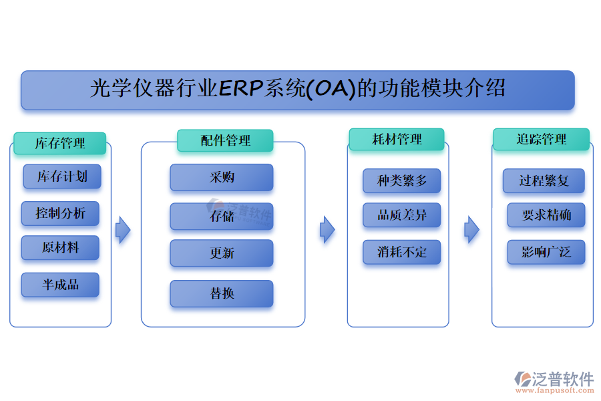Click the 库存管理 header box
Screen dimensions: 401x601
(x=59, y=143)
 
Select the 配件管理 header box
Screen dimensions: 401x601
(x=225, y=140)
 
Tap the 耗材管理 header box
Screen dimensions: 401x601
(x=397, y=139)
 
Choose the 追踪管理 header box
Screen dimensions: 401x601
(x=541, y=139)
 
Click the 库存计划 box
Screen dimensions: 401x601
(x=61, y=176)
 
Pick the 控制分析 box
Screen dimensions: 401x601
(x=60, y=213)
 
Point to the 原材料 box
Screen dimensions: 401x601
(x=60, y=247)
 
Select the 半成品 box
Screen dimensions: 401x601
(x=60, y=285)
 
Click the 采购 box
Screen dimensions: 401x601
(x=222, y=178)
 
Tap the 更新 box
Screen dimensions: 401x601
(x=222, y=253)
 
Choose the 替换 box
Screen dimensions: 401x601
(x=222, y=293)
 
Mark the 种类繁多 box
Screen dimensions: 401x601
(x=401, y=180)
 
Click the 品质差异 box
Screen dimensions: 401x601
(x=401, y=215)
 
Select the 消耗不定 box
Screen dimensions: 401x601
(x=401, y=252)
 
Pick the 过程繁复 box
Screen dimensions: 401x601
(x=544, y=180)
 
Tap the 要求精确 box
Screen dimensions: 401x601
(x=546, y=215)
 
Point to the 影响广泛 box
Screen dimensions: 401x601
(x=546, y=252)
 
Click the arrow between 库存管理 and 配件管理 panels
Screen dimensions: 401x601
(x=123, y=230)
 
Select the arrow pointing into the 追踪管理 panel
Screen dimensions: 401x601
(x=471, y=229)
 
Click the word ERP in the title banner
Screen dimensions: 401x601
(x=241, y=89)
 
